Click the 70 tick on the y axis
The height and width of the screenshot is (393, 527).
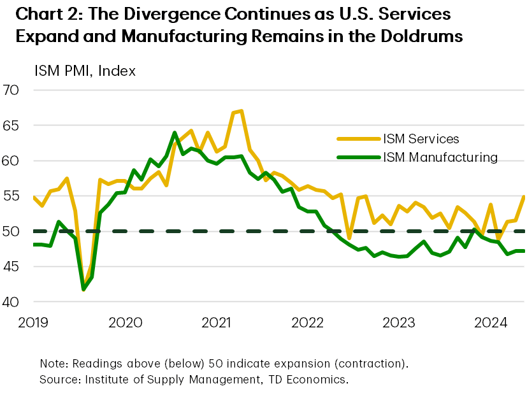(x=12, y=90)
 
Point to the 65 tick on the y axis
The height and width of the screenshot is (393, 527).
(x=12, y=125)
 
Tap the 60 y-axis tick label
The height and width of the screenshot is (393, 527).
(x=12, y=161)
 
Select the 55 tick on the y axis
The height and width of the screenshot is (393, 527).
(x=12, y=196)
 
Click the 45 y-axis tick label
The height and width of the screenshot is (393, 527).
(x=12, y=266)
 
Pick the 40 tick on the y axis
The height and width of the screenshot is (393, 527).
(x=12, y=301)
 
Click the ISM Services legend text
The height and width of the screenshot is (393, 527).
(x=421, y=138)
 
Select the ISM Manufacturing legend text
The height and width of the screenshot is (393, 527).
(x=439, y=157)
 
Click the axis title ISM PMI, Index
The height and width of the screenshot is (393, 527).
(x=71, y=71)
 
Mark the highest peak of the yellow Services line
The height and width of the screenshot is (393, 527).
(x=242, y=111)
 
